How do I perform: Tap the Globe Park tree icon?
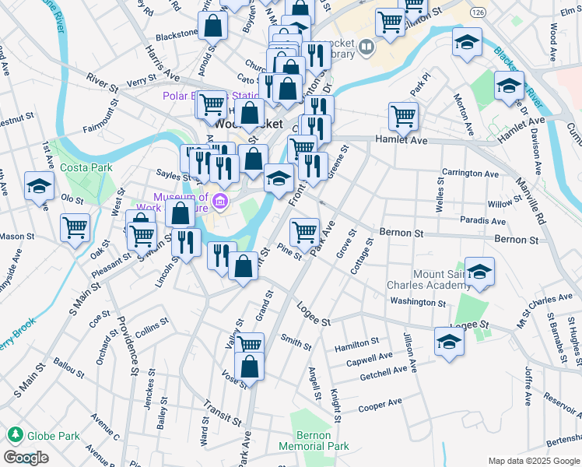(x=13, y=434)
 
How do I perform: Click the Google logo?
(x=26, y=458)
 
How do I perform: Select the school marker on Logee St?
(x=449, y=342)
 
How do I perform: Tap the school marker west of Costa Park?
(x=38, y=187)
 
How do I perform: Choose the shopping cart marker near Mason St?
(x=75, y=228)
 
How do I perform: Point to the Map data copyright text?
(x=533, y=460)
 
